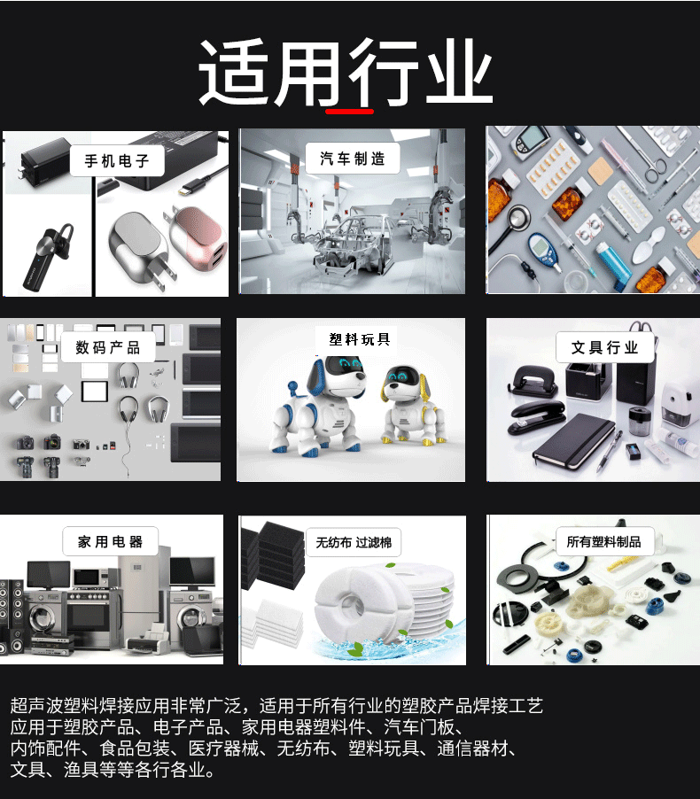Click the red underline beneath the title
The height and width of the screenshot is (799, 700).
349,112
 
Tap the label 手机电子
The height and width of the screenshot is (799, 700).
117,161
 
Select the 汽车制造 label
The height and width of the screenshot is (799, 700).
353,159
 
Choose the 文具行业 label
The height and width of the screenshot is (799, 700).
605,347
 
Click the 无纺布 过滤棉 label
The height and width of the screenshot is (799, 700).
347,541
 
